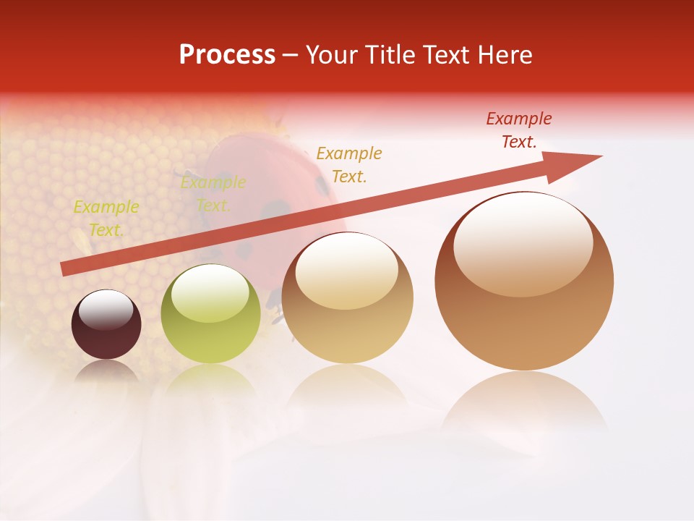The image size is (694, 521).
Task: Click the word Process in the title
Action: point(227,55)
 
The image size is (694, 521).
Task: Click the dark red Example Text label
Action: point(518,130)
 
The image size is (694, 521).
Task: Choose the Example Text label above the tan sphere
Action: point(349,164)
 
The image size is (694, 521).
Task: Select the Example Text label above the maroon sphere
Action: point(106,219)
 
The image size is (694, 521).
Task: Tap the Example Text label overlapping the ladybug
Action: point(213,194)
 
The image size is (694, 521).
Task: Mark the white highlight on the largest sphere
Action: point(523,245)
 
